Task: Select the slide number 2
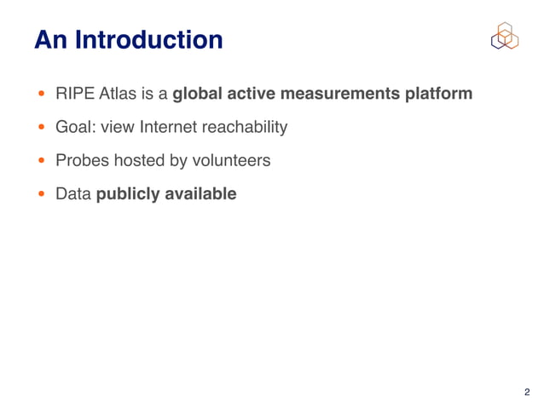(x=526, y=392)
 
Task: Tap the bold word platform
(x=437, y=94)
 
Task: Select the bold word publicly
(x=128, y=195)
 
